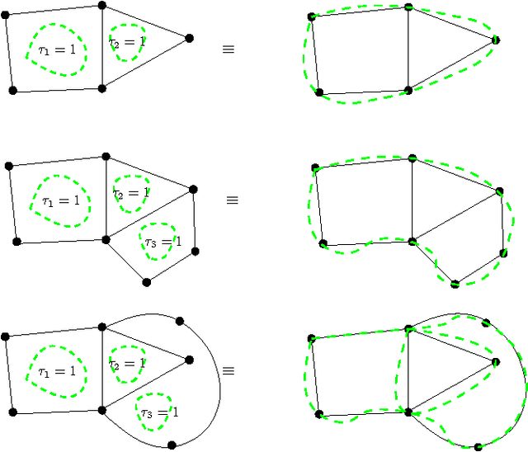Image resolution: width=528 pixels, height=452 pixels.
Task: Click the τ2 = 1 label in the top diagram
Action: coord(128,40)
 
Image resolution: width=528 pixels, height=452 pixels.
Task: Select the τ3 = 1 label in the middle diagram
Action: coord(161,242)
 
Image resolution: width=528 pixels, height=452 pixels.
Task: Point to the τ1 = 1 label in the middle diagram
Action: coord(61,200)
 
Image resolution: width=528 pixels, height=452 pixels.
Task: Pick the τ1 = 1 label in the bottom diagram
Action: coord(56,371)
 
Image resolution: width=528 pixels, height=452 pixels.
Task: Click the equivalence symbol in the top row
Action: coord(229,49)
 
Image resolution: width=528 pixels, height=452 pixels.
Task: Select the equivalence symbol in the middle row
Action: coord(233,200)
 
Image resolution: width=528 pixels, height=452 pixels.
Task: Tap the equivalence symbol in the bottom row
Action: coord(229,371)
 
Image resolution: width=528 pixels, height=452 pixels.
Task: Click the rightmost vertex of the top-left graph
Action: coord(189,38)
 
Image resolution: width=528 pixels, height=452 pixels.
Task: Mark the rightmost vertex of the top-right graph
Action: coord(496,40)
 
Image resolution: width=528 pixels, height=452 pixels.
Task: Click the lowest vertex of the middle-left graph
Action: coord(147,282)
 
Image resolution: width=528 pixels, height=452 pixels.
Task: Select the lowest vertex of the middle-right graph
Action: coord(455,285)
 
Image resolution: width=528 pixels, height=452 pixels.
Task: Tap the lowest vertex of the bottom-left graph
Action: coord(172,445)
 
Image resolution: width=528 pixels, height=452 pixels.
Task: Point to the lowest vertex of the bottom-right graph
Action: coord(478,447)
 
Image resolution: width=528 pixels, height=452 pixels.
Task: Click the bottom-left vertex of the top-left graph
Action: coord(12,90)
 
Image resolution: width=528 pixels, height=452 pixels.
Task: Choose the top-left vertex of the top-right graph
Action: coord(312,16)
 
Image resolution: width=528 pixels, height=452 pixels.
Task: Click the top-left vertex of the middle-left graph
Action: coord(9,166)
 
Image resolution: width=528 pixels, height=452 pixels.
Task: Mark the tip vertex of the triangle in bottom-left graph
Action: coord(189,360)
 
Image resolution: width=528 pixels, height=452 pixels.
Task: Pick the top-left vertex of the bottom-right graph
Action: coord(311,338)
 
